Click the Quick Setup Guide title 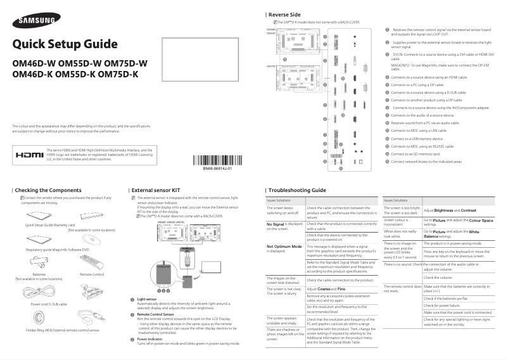click(x=65, y=44)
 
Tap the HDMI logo click(x=29, y=154)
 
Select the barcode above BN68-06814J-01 click(x=217, y=160)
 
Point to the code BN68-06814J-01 click(x=217, y=169)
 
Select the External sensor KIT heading click(x=156, y=190)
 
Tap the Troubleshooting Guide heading click(x=297, y=190)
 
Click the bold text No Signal click(x=276, y=224)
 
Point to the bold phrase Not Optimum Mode click(x=283, y=245)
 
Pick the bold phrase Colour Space click(x=480, y=220)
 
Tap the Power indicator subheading click(x=149, y=339)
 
